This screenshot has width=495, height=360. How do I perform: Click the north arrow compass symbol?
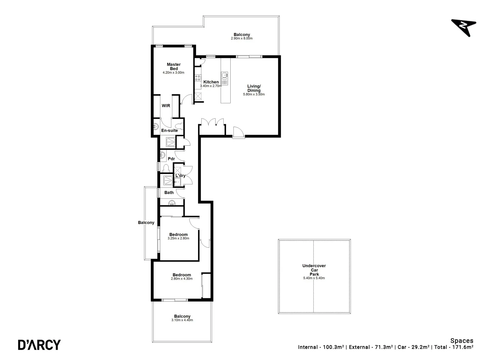click(464, 27)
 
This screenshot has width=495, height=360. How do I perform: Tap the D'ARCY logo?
click(39, 344)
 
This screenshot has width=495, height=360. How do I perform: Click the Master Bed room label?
click(174, 66)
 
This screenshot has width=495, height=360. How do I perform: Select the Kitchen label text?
click(211, 82)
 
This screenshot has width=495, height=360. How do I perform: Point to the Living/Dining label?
click(254, 88)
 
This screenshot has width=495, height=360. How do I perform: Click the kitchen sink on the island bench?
click(225, 76)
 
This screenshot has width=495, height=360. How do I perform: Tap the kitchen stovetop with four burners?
click(198, 78)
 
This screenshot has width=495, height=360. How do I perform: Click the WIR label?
click(166, 106)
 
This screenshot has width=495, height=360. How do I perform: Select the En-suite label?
click(169, 130)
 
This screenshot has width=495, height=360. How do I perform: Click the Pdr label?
click(171, 159)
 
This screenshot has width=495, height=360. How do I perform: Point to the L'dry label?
click(180, 176)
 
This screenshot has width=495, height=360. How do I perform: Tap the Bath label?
click(169, 192)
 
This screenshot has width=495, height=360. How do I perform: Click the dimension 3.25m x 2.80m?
click(178, 238)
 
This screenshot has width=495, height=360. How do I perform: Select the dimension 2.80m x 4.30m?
click(182, 279)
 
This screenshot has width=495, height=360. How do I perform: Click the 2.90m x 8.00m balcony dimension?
click(242, 38)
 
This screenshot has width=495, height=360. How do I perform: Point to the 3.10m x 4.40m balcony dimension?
click(182, 320)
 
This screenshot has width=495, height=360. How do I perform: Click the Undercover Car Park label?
click(314, 270)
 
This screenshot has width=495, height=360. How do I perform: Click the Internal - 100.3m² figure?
click(321, 347)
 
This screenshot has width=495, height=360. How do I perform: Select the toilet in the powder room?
click(166, 167)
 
